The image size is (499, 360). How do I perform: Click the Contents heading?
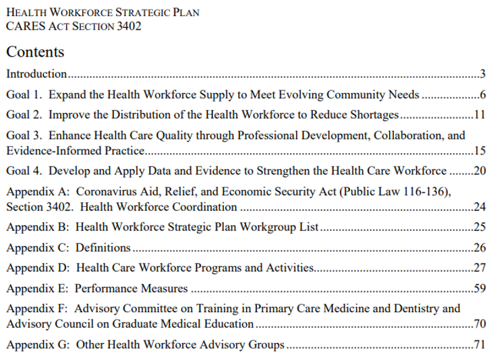(35, 52)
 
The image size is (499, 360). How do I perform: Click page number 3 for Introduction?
(483, 73)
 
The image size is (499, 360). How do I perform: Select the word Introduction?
(36, 73)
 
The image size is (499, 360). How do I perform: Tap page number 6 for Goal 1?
(483, 94)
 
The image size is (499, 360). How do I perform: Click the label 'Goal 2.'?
(24, 115)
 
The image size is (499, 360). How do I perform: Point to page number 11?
(479, 115)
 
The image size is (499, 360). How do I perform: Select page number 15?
(479, 150)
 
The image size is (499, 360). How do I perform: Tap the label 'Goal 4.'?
(24, 171)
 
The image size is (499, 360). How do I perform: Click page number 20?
(479, 171)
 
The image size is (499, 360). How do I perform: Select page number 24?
(479, 206)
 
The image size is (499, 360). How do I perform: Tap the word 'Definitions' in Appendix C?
(102, 247)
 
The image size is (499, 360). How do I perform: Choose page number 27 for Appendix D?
(479, 268)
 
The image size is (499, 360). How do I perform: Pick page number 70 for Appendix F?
(479, 324)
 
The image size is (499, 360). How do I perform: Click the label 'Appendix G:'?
(38, 344)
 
